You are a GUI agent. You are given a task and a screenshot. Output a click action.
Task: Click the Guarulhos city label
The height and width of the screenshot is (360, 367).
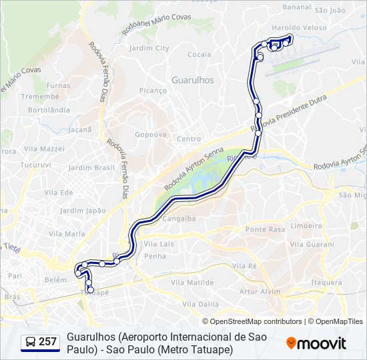(193, 79)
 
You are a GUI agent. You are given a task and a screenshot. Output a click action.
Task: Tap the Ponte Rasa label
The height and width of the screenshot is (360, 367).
(266, 229)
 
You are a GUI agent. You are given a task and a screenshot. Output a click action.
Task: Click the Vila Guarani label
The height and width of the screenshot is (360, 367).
(312, 245)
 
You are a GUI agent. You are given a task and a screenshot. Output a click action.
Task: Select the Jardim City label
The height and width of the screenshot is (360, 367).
(149, 48)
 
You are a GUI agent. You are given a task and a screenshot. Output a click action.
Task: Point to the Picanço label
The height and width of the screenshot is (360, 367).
(153, 90)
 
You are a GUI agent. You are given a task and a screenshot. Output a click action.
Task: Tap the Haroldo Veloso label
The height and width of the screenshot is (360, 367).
(300, 28)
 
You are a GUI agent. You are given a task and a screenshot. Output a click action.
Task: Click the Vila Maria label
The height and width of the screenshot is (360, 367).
(67, 234)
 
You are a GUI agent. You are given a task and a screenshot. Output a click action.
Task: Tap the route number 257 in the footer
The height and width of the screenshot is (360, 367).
(47, 342)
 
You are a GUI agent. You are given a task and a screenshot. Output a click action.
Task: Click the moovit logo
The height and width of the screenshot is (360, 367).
(316, 343)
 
